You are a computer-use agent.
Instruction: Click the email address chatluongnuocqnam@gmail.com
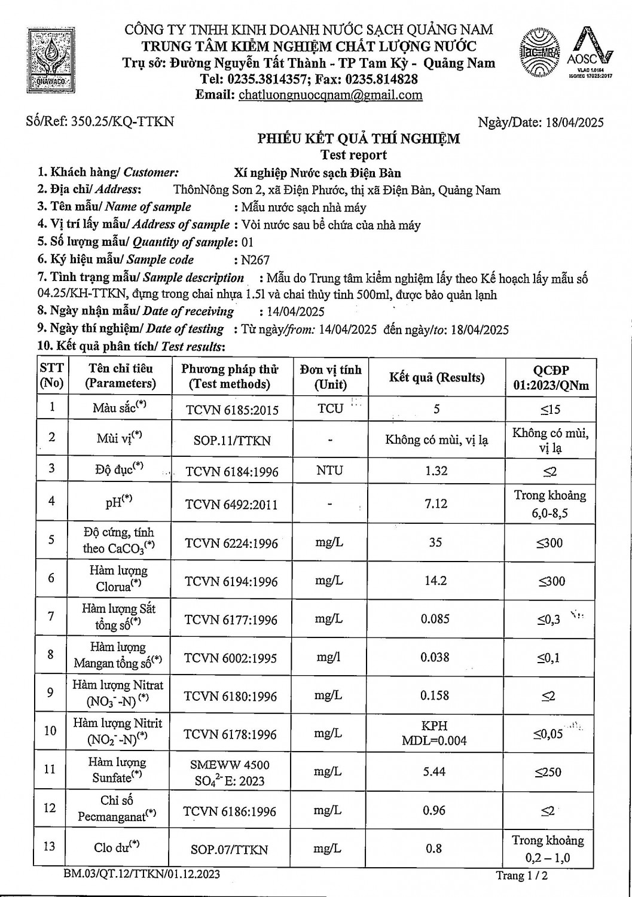pos(330,95)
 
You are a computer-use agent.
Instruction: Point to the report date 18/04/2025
pos(575,123)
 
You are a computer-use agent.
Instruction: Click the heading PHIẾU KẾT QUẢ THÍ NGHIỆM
pos(359,139)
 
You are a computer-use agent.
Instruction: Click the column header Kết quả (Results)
pos(436,377)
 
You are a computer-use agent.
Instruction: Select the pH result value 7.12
pos(436,504)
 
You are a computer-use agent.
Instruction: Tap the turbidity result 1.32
pos(436,471)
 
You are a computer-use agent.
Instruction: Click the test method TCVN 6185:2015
pos(232,410)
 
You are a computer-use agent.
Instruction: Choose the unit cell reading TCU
pos(330,408)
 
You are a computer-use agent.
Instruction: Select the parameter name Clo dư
pos(117,847)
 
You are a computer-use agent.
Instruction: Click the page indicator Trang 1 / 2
pos(521,876)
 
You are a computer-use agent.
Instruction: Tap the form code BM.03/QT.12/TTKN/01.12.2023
pos(142,874)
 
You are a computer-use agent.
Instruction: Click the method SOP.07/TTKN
pos(230,849)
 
